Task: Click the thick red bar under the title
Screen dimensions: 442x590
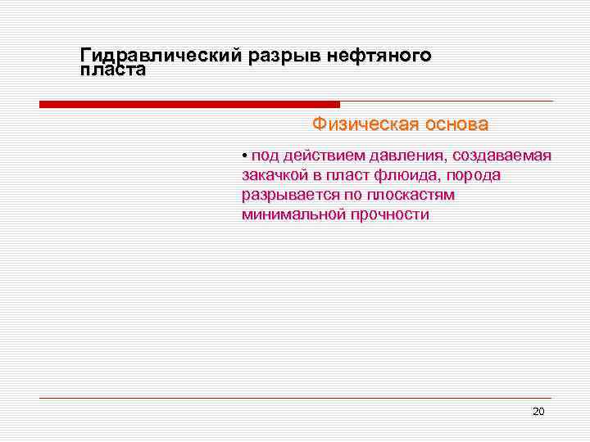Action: click(189, 105)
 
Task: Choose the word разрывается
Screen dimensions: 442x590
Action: click(287, 196)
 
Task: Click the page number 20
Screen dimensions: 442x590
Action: click(538, 411)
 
